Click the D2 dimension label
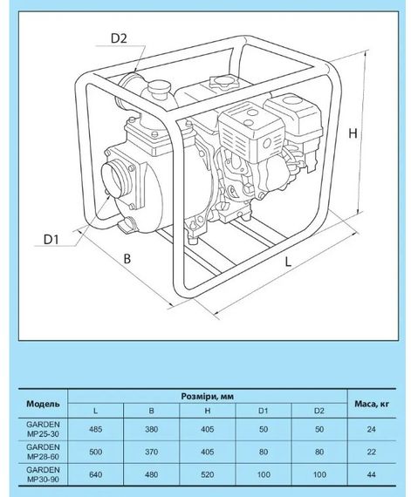pyautogui.click(x=119, y=37)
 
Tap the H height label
pyautogui.click(x=377, y=135)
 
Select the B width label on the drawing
pyautogui.click(x=127, y=259)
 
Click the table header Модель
pyautogui.click(x=44, y=404)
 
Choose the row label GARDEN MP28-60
pyautogui.click(x=44, y=453)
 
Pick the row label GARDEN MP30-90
pyautogui.click(x=44, y=477)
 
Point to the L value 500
pyautogui.click(x=95, y=453)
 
